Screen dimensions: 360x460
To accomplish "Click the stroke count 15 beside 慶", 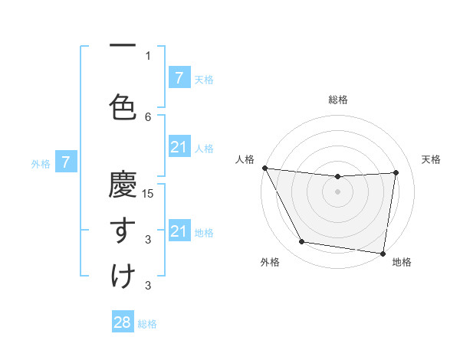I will pyautogui.click(x=149, y=194).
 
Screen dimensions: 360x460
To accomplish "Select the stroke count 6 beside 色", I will pyautogui.click(x=149, y=116).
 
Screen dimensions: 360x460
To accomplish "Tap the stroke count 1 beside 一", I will pyautogui.click(x=149, y=55).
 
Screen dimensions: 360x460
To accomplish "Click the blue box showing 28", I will pyautogui.click(x=123, y=322).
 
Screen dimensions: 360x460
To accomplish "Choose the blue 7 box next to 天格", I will pyautogui.click(x=179, y=77).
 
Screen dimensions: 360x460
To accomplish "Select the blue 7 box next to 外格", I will pyautogui.click(x=67, y=162).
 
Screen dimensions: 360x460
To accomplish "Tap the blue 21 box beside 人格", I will pyautogui.click(x=179, y=147).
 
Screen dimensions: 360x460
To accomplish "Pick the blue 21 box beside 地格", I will pyautogui.click(x=179, y=231).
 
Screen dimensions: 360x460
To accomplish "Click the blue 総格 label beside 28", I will pyautogui.click(x=147, y=324).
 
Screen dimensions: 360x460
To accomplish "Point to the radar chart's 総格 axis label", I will pyautogui.click(x=338, y=100).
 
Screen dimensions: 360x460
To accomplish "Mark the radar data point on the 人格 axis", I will pyautogui.click(x=264, y=168).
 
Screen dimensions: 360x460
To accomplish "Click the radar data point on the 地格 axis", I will pyautogui.click(x=383, y=253).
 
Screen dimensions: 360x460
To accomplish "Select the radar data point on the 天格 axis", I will pyautogui.click(x=396, y=172).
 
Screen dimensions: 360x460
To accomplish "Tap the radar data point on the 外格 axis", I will pyautogui.click(x=301, y=242).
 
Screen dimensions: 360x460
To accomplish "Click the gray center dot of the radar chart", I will pyautogui.click(x=337, y=191).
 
